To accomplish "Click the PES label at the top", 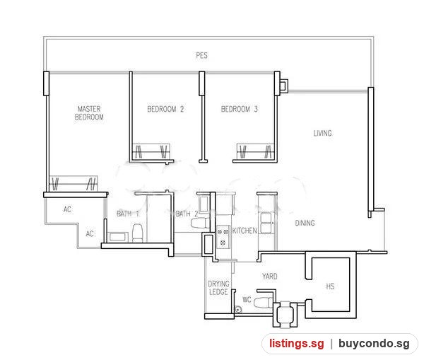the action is pos(201,55).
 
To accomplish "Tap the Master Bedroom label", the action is pos(89,113).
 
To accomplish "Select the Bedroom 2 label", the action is pos(165,109).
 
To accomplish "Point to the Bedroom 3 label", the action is pos(240,109).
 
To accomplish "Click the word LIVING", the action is pos(323,133).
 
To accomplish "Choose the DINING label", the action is pos(305,223).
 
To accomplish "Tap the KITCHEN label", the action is pos(245,231).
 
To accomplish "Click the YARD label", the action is pos(270,277).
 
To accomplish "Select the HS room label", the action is pos(330,286).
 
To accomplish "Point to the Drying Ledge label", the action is pos(218,288).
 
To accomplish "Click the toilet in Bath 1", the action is pos(137,233).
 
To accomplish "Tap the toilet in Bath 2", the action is pos(200,223).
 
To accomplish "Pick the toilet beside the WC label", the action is pos(264,302).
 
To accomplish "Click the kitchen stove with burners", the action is pos(223,237).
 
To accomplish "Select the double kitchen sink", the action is pos(266,223).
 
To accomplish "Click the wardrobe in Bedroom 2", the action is pos(151,151).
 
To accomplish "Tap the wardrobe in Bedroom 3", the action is pos(256,151).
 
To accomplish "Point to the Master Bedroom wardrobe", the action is pos(73,184).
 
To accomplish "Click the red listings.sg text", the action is pos(296,344).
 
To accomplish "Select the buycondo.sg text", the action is pos(374,344).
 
